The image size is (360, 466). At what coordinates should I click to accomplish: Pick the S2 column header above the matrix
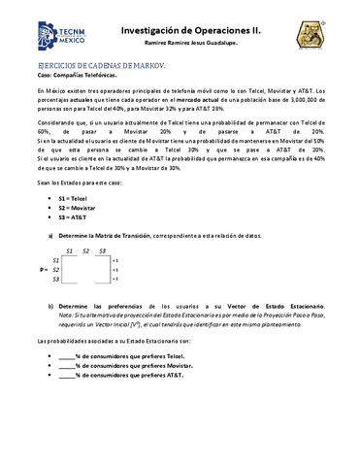click(x=85, y=250)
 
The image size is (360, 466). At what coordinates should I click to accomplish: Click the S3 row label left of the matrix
click(x=55, y=279)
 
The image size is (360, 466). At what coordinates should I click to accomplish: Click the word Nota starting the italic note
click(x=65, y=315)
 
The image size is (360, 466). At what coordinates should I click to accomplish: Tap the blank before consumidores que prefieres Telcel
click(x=67, y=356)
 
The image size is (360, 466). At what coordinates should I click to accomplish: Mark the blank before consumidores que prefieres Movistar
click(x=67, y=365)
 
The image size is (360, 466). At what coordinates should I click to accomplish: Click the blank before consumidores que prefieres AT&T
click(x=67, y=375)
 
